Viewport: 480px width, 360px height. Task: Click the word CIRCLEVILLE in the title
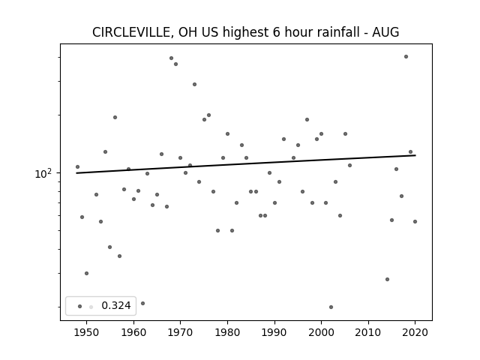tap(133, 32)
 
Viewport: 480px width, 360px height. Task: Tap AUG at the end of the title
tap(385, 32)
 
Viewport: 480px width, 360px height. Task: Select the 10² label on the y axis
tap(43, 173)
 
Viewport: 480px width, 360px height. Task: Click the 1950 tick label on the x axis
tap(87, 332)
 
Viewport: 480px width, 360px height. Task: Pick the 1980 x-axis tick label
tap(227, 332)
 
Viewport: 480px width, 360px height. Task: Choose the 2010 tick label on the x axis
tap(368, 332)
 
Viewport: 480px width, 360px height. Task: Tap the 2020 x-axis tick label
tap(415, 332)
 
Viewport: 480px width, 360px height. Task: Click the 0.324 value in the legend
tap(116, 305)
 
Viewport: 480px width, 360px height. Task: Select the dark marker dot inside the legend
tap(80, 307)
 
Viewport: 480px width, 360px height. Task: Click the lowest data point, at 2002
tap(331, 307)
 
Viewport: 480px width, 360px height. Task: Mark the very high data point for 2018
tap(406, 57)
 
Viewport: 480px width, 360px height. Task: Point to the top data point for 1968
tap(172, 58)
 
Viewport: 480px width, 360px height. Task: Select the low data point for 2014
tap(387, 279)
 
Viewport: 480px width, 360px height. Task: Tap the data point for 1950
tap(87, 273)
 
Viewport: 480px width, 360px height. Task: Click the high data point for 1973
tap(195, 85)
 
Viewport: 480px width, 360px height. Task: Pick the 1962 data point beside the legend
tap(143, 303)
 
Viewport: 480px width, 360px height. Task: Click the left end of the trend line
tap(76, 173)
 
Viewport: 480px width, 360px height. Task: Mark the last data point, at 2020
tap(415, 222)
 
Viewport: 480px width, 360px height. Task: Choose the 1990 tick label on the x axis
tap(274, 332)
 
